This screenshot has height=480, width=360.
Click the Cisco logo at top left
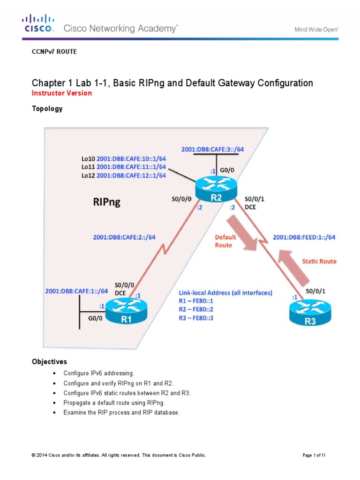click(x=38, y=23)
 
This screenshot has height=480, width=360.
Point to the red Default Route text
click(x=225, y=241)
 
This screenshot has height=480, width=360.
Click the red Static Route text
click(x=319, y=261)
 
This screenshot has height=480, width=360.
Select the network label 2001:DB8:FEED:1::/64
click(x=304, y=237)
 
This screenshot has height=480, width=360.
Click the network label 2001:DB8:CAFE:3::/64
click(x=213, y=150)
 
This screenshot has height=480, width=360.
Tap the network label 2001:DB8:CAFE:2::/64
click(x=124, y=237)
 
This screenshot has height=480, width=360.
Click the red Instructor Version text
click(x=61, y=93)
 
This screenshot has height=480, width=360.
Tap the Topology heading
click(x=47, y=109)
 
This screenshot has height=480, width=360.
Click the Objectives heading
click(x=49, y=362)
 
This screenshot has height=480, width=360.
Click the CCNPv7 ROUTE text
click(x=54, y=52)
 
